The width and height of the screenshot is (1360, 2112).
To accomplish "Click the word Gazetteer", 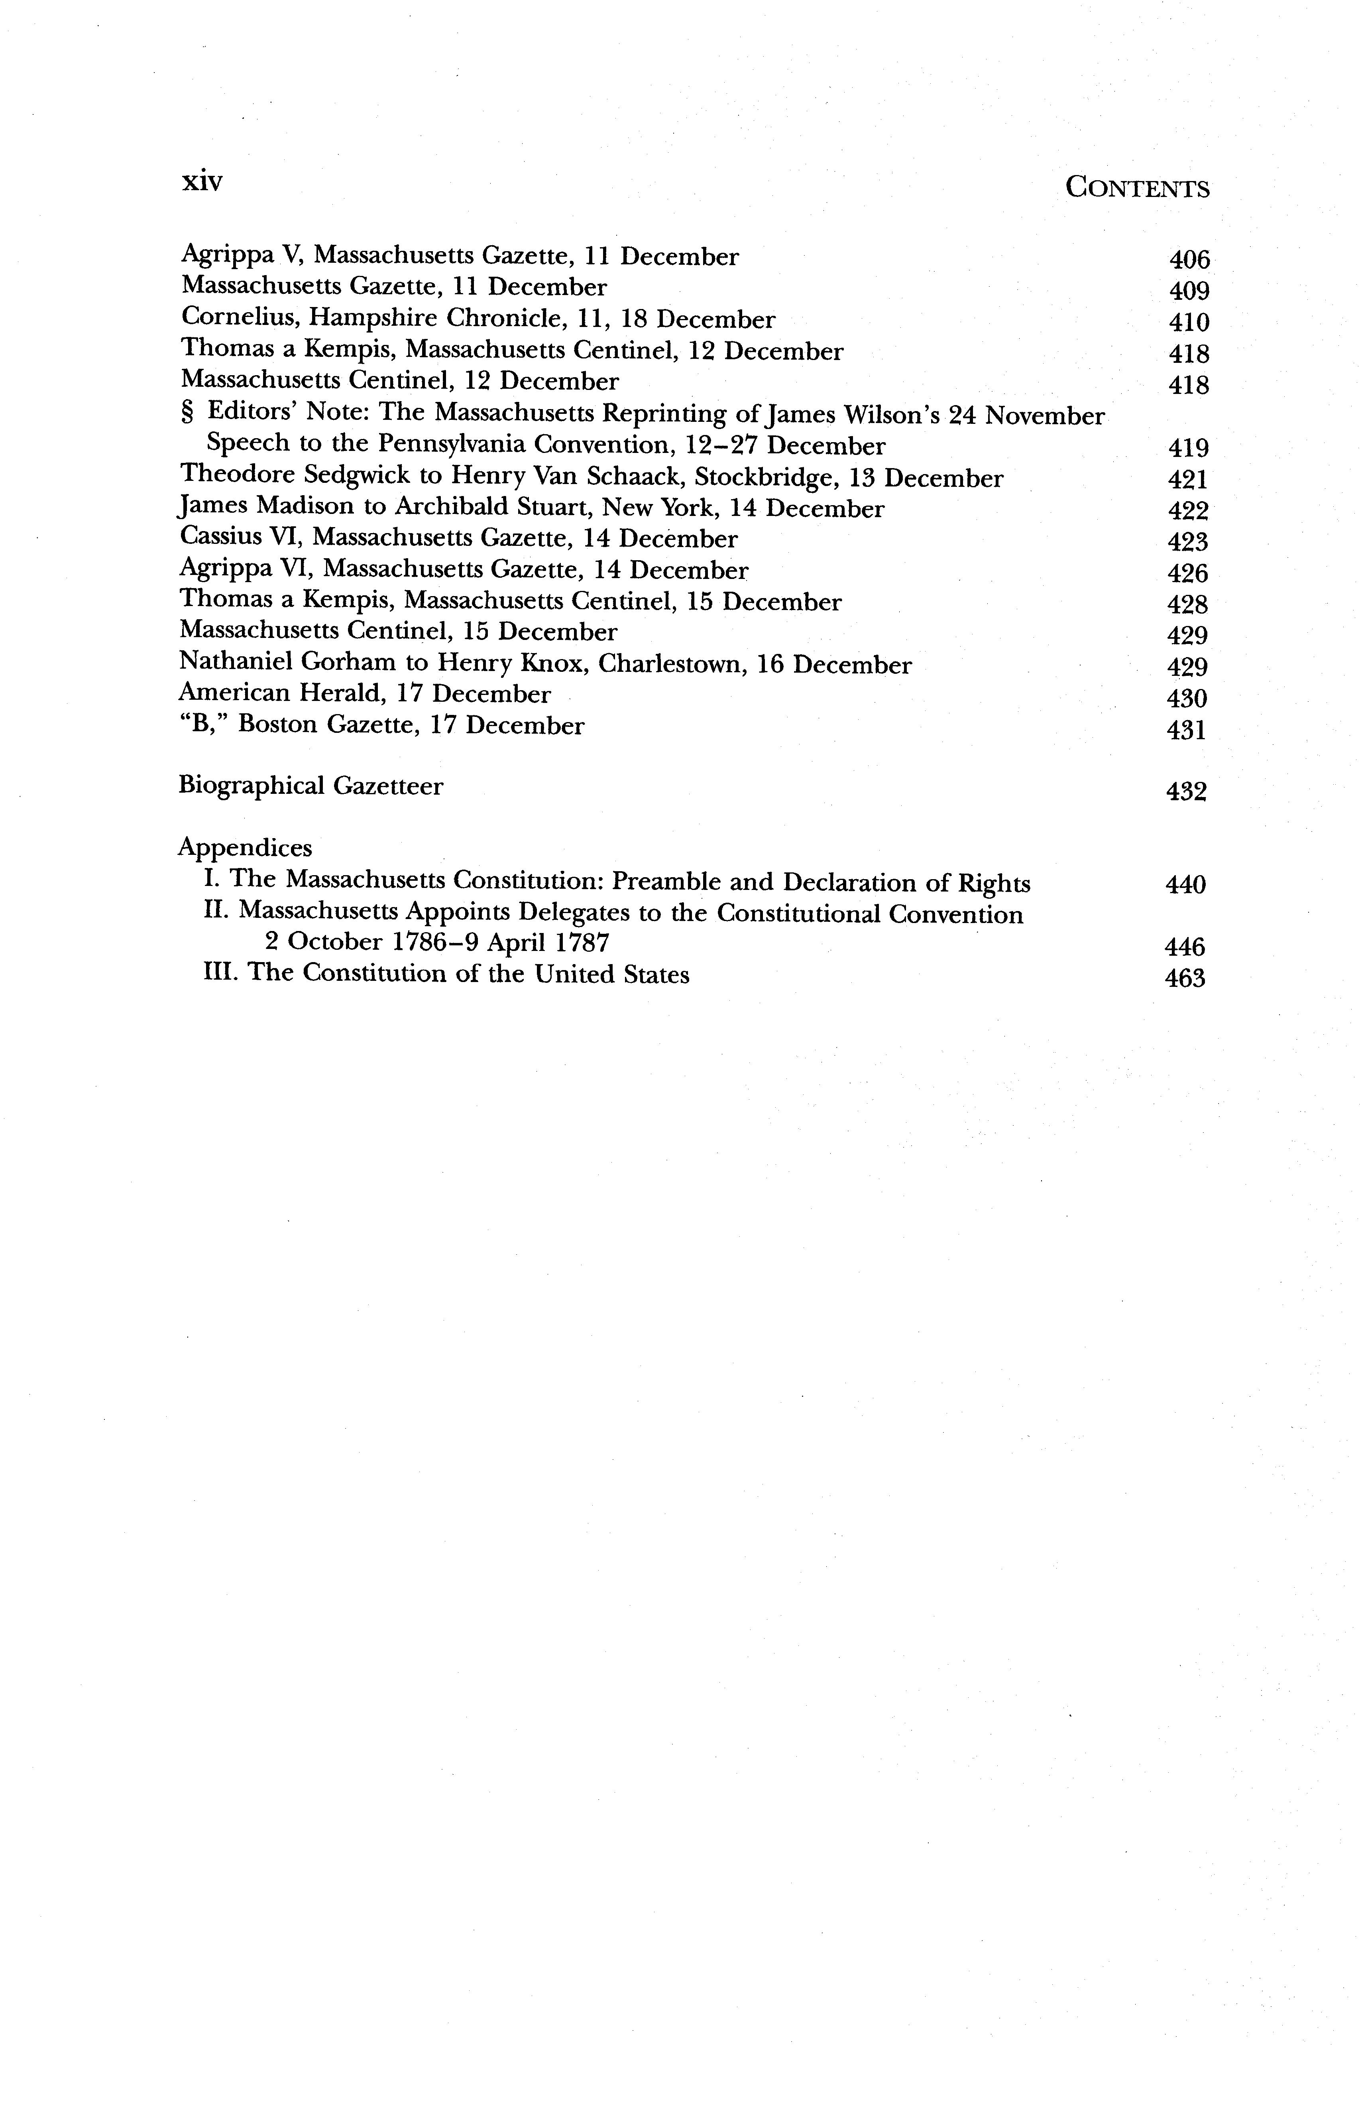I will click(x=387, y=785).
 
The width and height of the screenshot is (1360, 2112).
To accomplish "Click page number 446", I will click(x=1185, y=947).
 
